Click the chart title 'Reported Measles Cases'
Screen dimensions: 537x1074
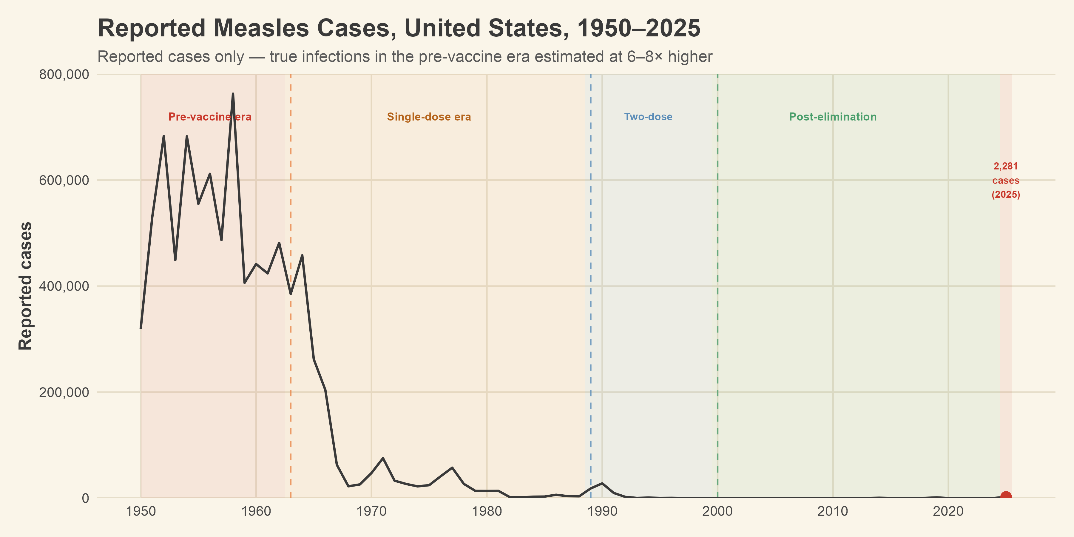click(x=399, y=28)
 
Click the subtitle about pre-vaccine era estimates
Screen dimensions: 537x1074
click(x=405, y=57)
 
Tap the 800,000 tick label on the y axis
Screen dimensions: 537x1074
click(x=64, y=75)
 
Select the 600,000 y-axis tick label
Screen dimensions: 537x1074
click(x=64, y=180)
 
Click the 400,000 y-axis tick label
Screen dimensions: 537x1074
click(x=64, y=286)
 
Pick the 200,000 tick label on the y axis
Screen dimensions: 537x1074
click(x=64, y=392)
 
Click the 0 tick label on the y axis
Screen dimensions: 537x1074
click(x=85, y=498)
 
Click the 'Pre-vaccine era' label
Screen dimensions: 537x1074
click(x=210, y=117)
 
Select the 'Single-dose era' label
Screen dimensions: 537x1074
click(x=429, y=117)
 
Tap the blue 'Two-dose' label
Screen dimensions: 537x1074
click(x=648, y=117)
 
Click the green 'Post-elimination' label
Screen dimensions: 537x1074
click(x=833, y=117)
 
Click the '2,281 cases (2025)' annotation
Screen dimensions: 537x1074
click(x=1006, y=180)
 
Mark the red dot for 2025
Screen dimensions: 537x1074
click(x=1006, y=496)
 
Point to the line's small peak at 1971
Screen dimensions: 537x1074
click(x=383, y=458)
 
